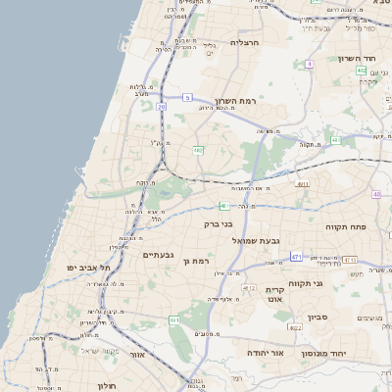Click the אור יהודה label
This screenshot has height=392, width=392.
tap(265, 352)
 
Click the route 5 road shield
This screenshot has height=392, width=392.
tap(187, 98)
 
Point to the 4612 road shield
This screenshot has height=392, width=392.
tap(249, 288)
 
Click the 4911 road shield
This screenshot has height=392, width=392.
tap(303, 183)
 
